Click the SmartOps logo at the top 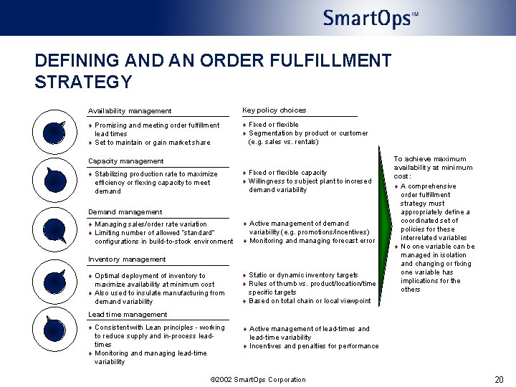tap(370, 18)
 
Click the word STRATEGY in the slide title tap(83, 82)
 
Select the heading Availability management tap(130, 111)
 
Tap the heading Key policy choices tap(274, 110)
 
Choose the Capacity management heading tap(125, 161)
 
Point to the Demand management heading tap(125, 212)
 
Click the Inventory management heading tap(126, 259)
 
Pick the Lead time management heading tap(127, 315)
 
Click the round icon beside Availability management tap(54, 132)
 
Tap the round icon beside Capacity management tap(54, 180)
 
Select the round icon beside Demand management tap(54, 230)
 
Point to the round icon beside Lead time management tap(54, 330)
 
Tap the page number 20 tap(499, 379)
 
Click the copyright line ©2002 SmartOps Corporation tap(258, 380)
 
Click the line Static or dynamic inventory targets tap(303, 275)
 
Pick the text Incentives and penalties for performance tap(314, 346)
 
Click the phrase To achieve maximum tap(430, 159)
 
